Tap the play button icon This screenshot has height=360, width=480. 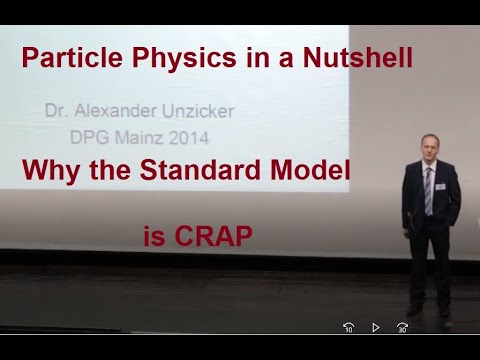pyautogui.click(x=375, y=327)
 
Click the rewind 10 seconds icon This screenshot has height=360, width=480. pyautogui.click(x=349, y=327)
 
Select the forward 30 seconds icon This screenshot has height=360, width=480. pyautogui.click(x=401, y=327)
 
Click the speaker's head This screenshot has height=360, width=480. pyautogui.click(x=429, y=147)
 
